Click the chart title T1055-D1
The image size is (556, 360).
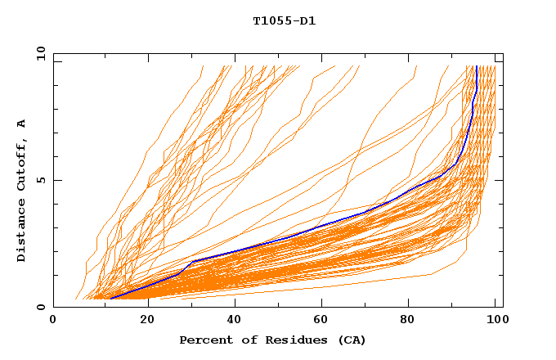[x=284, y=20]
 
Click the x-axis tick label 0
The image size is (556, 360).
[x=53, y=320]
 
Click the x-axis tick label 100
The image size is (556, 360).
[x=495, y=320]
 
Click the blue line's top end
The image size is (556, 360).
[x=476, y=67]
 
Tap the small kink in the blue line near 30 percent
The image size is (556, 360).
[x=192, y=262]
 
